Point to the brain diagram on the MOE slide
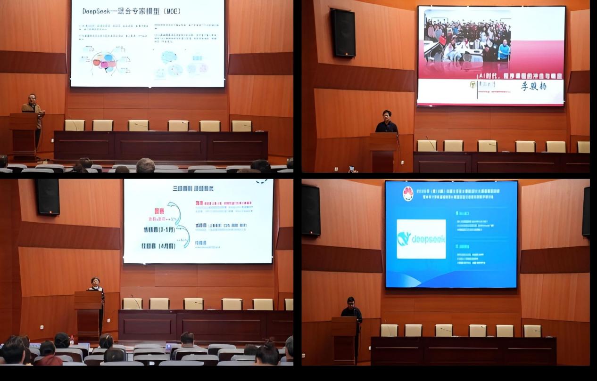click(x=104, y=63)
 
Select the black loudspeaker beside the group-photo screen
click(x=343, y=33)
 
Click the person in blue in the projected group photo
click(x=504, y=50)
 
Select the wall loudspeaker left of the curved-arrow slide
click(x=48, y=196)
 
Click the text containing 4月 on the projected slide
click(x=158, y=246)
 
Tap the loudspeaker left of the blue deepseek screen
click(x=311, y=210)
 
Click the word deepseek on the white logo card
click(x=429, y=239)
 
